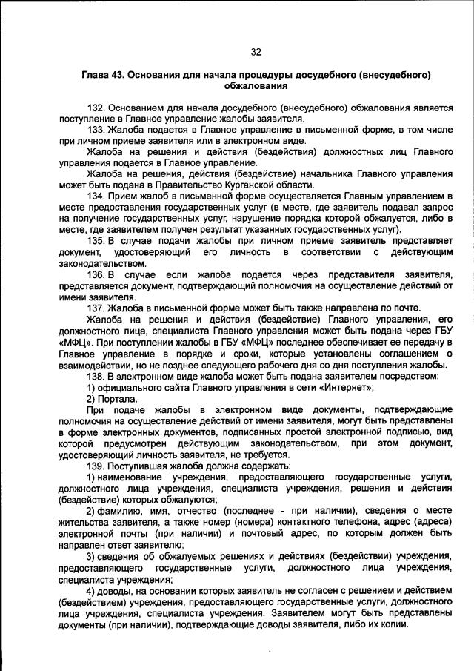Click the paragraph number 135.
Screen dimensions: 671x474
pos(96,241)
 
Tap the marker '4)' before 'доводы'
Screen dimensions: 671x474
pos(92,590)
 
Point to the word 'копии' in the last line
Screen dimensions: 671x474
pos(392,624)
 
